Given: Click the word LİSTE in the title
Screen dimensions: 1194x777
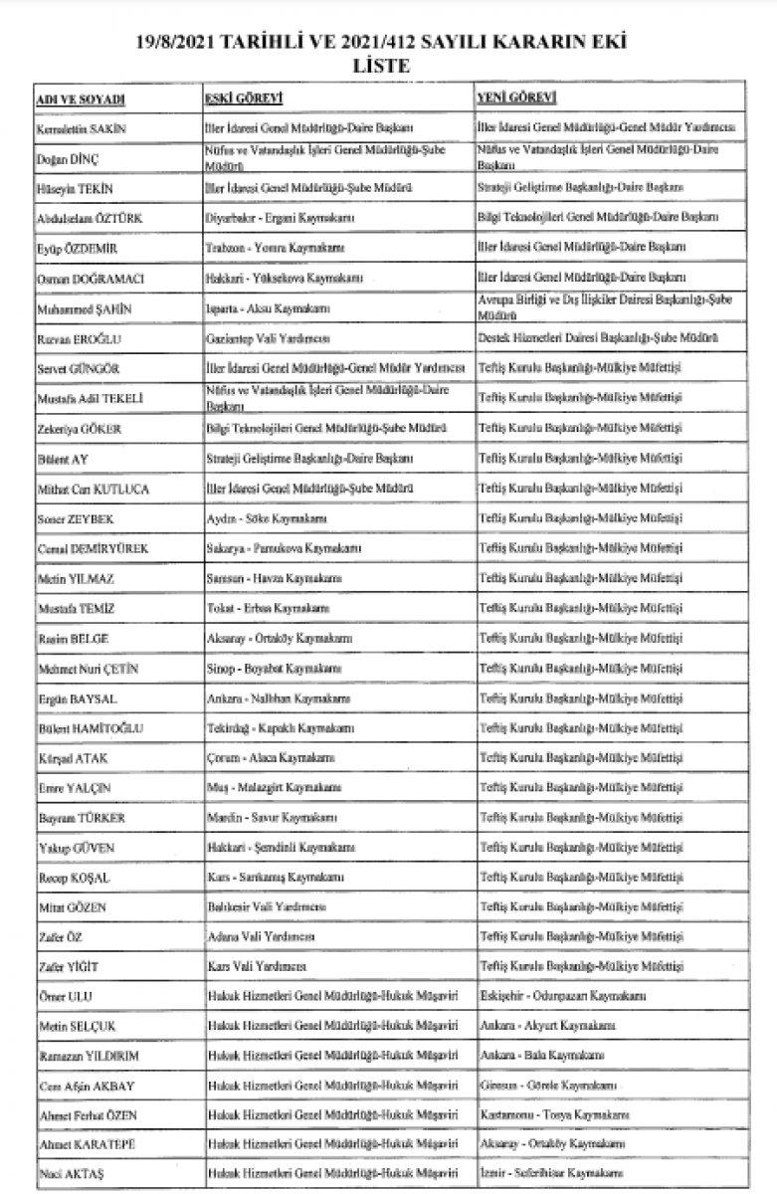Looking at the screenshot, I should click(389, 65).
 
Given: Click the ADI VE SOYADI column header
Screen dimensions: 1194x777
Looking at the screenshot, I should click(72, 100).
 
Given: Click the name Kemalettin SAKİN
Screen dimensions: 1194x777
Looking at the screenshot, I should click(88, 129).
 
